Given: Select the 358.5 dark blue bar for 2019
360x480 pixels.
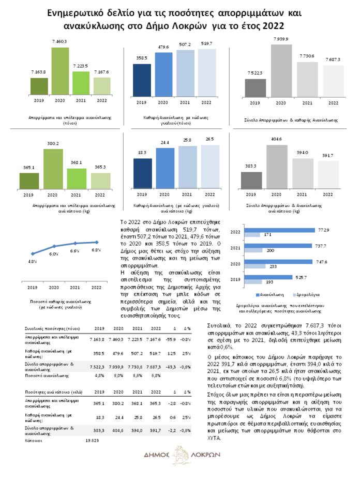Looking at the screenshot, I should coord(142,80).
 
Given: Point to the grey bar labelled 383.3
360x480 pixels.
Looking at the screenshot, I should coord(252,181).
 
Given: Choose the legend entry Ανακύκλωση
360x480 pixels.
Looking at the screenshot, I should coord(268,293).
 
